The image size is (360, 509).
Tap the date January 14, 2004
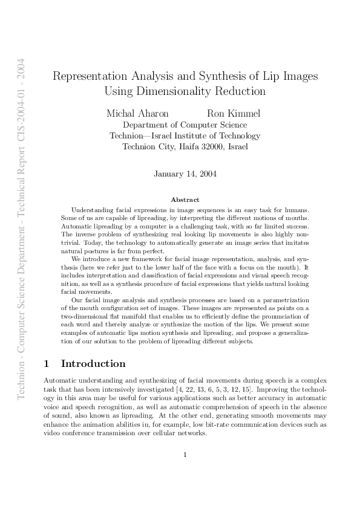[x=185, y=174]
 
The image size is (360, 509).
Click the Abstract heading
[x=185, y=199]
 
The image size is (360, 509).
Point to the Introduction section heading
[x=93, y=364]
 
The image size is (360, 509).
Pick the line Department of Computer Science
[x=185, y=125]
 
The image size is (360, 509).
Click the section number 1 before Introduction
[x=47, y=364]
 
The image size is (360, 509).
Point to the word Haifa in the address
[x=184, y=146]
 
